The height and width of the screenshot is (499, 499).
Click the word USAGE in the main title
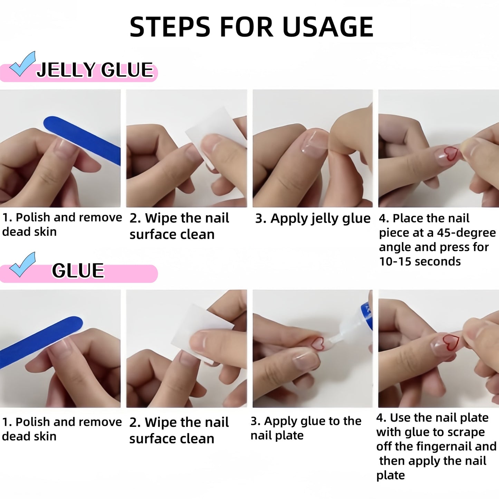(328, 27)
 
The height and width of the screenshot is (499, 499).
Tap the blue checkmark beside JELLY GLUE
(22, 64)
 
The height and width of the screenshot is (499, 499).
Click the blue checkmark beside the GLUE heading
(22, 265)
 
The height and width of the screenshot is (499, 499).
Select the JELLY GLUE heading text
(95, 70)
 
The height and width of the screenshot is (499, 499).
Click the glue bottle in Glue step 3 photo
(356, 325)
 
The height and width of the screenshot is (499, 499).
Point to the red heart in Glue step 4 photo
(451, 342)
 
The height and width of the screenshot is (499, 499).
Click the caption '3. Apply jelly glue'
(313, 219)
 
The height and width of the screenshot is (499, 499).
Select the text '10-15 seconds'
(420, 262)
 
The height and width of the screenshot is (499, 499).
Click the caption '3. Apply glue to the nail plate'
(306, 428)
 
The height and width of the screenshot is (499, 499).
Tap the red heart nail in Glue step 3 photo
(317, 343)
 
